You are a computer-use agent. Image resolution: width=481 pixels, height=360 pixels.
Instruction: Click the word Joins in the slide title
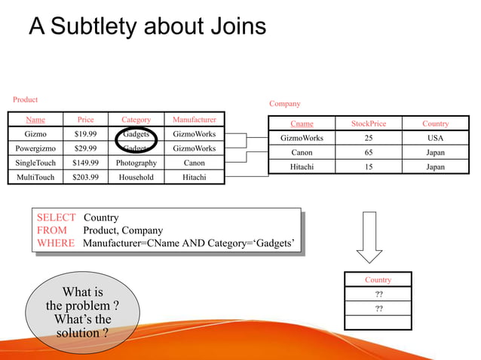click(x=234, y=26)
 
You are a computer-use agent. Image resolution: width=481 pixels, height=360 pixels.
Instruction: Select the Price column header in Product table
click(x=85, y=120)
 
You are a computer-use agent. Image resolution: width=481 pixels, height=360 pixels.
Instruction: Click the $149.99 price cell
click(x=85, y=163)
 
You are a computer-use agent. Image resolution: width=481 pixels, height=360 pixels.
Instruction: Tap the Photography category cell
click(x=136, y=163)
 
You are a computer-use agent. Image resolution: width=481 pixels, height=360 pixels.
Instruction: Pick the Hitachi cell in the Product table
click(x=194, y=177)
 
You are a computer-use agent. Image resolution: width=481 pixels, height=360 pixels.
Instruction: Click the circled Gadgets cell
click(x=136, y=135)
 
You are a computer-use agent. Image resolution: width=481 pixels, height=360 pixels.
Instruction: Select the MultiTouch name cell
click(x=35, y=177)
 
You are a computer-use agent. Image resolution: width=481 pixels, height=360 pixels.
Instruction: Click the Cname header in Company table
click(x=302, y=124)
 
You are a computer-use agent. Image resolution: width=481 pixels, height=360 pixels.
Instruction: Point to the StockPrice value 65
click(x=368, y=152)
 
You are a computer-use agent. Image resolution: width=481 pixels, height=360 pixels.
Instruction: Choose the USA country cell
click(x=435, y=138)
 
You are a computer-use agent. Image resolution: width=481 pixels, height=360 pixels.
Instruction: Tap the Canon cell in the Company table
click(x=302, y=152)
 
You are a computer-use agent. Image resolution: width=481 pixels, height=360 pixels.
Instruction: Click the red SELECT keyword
click(x=57, y=218)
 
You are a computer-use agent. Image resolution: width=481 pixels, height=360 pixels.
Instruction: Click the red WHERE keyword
click(x=56, y=243)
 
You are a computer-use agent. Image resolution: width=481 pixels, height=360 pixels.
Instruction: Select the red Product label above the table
click(x=25, y=99)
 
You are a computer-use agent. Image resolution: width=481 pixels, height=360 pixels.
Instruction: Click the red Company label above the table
click(x=284, y=104)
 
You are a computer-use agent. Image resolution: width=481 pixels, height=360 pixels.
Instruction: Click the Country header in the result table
click(x=378, y=279)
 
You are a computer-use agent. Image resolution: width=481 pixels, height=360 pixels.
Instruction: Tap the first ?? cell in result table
click(x=378, y=294)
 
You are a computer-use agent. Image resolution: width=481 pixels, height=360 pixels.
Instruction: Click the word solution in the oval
click(x=78, y=332)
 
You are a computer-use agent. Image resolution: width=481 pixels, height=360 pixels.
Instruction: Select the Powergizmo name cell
click(x=35, y=148)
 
